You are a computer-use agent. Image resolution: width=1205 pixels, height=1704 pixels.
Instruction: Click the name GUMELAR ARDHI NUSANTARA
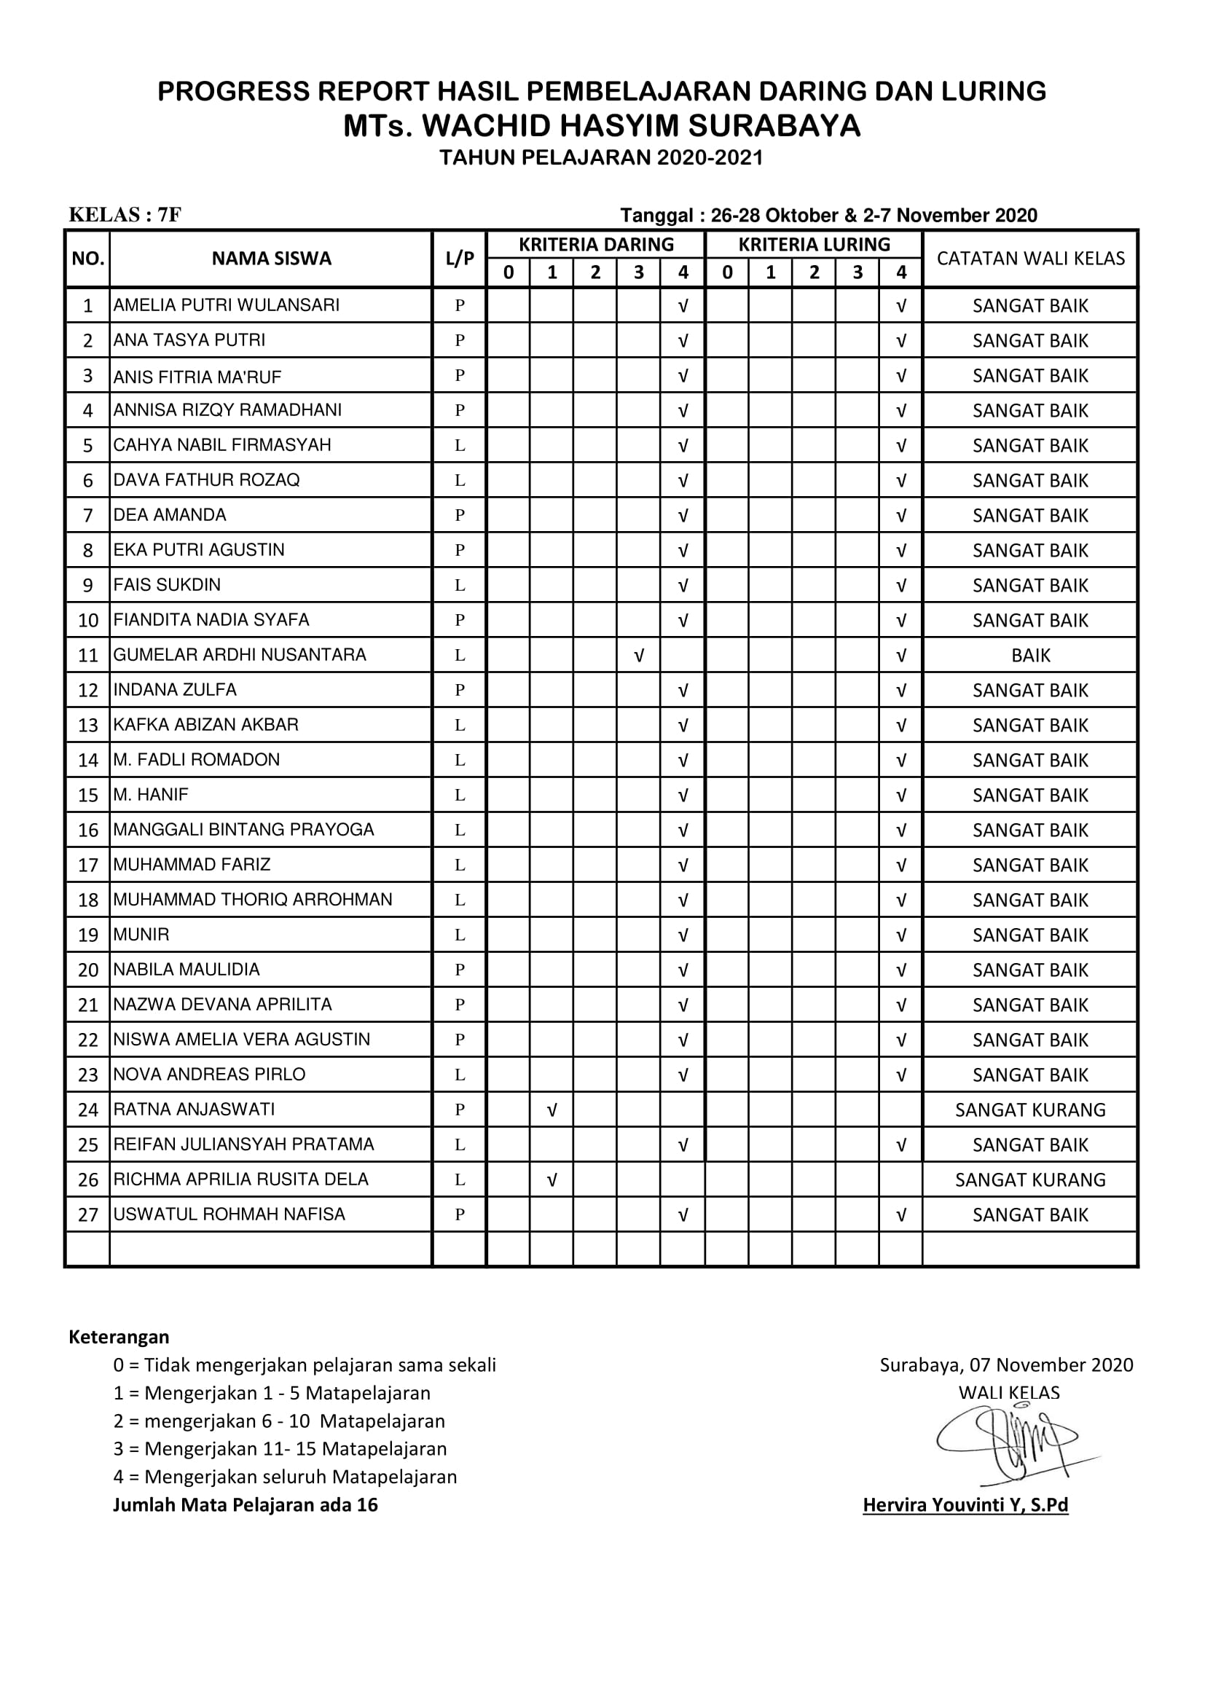[239, 655]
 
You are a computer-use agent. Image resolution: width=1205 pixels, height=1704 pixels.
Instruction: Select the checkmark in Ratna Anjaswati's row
[552, 1110]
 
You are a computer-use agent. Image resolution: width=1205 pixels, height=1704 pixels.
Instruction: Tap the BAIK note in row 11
[1030, 656]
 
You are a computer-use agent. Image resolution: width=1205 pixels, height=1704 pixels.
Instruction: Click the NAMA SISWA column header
[271, 259]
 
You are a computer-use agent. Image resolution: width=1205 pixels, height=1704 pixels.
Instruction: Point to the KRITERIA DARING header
[596, 244]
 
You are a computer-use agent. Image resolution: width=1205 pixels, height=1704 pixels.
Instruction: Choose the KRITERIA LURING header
[814, 244]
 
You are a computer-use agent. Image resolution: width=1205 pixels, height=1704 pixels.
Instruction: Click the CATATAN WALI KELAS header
[1030, 259]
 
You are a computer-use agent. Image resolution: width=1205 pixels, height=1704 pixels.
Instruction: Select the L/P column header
[459, 259]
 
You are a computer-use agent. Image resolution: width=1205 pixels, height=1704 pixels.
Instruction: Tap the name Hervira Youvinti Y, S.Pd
[965, 1505]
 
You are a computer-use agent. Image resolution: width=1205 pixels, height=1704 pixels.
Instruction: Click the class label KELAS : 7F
[125, 215]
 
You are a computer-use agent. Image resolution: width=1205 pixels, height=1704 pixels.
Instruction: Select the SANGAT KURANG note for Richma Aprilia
[1030, 1180]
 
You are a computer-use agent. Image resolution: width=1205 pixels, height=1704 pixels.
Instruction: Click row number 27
[87, 1215]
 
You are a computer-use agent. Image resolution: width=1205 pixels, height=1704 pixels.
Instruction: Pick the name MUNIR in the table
[141, 935]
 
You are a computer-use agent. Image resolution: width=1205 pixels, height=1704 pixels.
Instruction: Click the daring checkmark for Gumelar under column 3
[639, 656]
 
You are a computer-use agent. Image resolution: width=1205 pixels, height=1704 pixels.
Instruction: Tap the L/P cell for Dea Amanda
[459, 515]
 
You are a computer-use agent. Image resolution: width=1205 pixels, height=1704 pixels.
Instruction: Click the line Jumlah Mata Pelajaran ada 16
[245, 1504]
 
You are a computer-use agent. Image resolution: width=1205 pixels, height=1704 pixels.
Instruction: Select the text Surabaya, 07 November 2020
[1006, 1365]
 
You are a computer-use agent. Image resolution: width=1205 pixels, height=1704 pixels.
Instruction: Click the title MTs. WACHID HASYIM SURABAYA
[602, 126]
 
